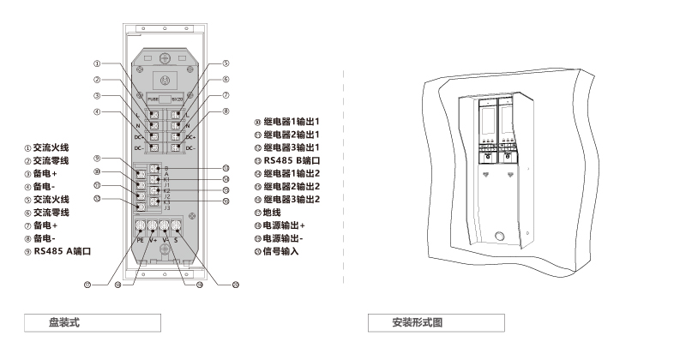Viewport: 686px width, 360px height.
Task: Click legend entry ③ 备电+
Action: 43,174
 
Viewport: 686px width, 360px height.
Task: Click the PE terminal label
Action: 139,242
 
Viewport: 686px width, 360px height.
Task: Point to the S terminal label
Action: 178,242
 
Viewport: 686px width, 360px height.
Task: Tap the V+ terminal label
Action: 153,242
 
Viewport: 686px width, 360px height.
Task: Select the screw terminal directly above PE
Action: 140,228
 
